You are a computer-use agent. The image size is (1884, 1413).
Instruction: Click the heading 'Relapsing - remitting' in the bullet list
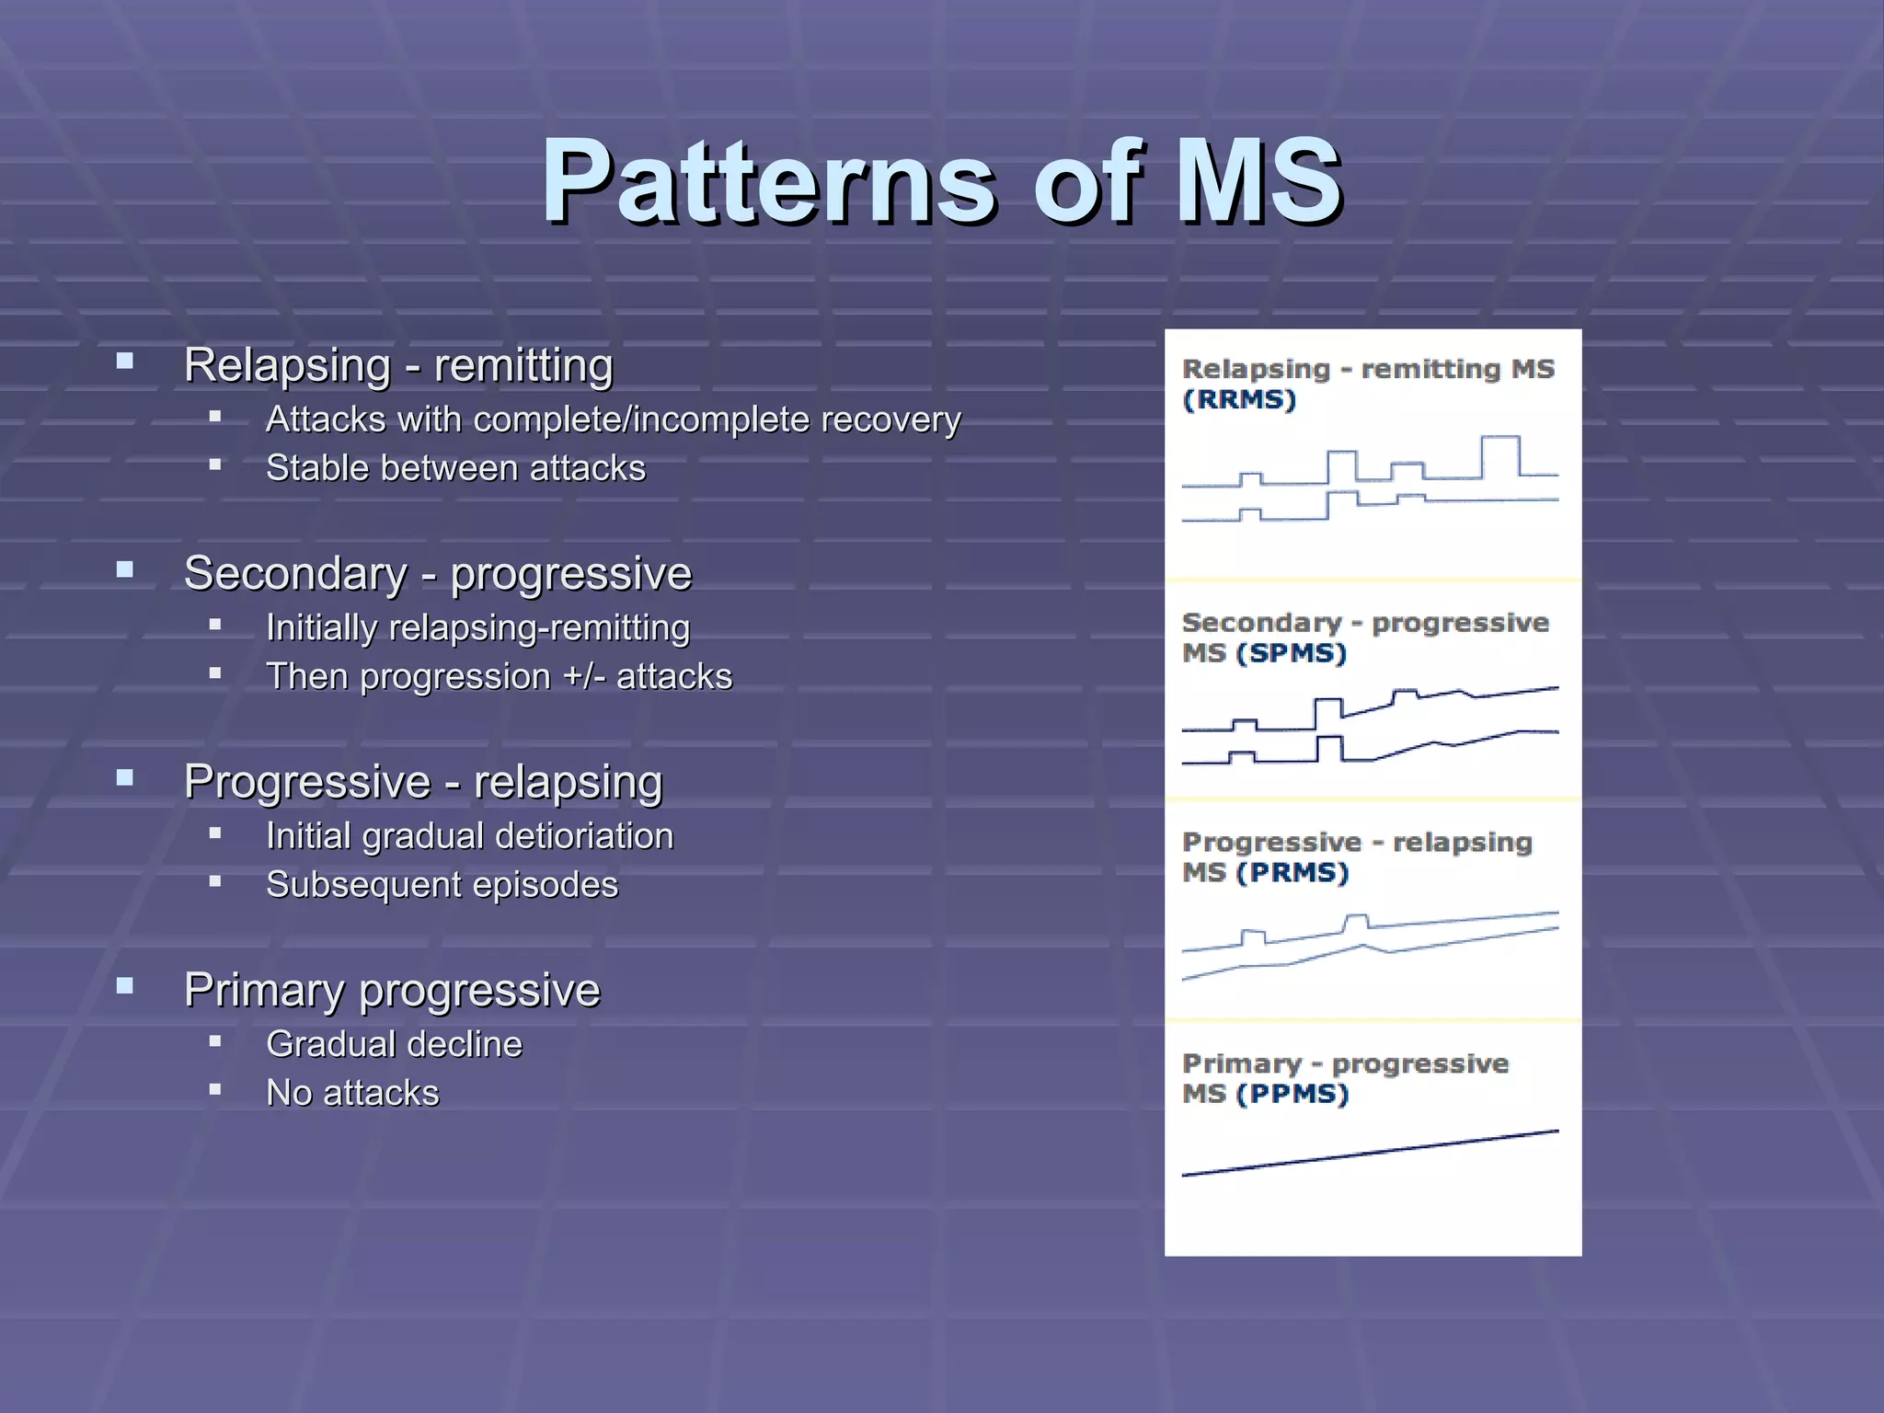398,365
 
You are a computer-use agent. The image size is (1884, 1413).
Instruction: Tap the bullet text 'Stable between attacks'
455,468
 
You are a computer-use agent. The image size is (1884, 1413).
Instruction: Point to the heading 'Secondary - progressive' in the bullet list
437,574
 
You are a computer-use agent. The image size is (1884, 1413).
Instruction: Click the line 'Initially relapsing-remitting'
477,628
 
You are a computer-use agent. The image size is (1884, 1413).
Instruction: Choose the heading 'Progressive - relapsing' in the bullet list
423,782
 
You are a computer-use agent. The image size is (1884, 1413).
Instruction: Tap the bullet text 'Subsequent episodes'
442,885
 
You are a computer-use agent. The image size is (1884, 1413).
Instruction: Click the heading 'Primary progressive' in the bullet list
392,991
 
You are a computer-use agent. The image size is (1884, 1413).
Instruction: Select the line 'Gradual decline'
394,1045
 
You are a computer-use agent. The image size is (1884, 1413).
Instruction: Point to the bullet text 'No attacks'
352,1094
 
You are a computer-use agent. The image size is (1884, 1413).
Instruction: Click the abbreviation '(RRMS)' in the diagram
1238,400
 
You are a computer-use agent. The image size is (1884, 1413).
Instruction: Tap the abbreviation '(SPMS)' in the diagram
1292,654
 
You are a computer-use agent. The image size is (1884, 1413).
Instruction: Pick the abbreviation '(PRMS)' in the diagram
1292,873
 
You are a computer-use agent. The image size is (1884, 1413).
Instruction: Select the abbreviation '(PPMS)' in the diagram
1292,1095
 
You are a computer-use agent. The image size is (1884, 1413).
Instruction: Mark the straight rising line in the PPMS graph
1371,1153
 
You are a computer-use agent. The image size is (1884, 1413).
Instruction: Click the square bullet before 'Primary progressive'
125,987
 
